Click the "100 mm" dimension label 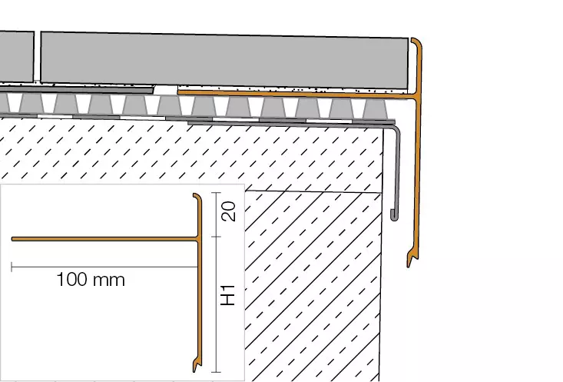90,280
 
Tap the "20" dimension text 228,212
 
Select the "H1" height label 228,295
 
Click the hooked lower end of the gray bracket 394,214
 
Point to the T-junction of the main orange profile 418,96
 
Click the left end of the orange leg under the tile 181,91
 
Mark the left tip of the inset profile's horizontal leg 14,239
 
